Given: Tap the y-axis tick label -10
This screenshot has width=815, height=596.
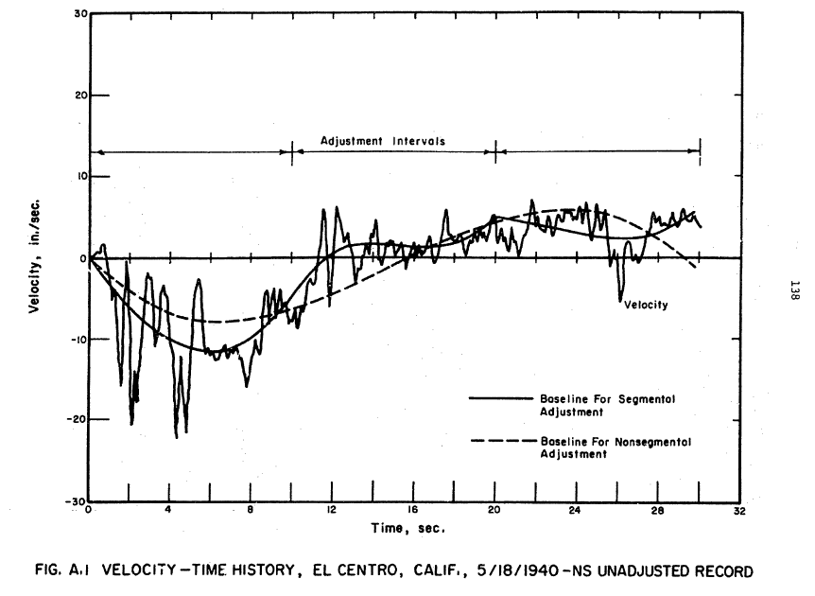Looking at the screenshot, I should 76,339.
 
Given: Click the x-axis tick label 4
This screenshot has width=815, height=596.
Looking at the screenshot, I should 169,511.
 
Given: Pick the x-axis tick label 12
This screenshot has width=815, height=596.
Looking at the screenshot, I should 332,511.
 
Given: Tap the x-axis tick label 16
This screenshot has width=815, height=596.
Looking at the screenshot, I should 413,511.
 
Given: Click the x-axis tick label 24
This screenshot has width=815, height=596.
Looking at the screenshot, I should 576,511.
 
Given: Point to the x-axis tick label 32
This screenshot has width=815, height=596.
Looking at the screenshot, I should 738,511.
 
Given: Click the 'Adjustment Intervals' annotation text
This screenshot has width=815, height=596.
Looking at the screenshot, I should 382,140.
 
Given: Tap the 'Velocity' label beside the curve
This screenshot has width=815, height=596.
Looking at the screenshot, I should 646,305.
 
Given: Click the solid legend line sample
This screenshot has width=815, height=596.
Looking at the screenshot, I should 501,398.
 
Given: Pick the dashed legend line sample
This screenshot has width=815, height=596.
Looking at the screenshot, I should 501,441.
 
